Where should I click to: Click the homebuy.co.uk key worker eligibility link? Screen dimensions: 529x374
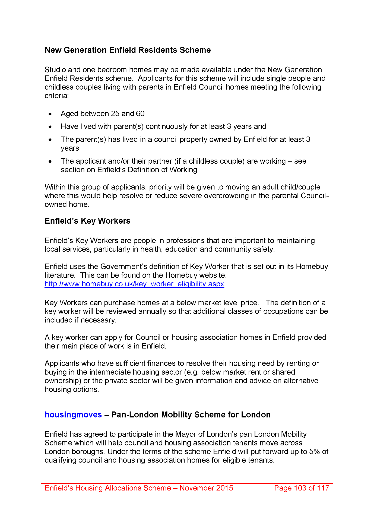tap(134, 284)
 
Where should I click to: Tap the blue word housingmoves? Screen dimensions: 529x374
tap(73, 415)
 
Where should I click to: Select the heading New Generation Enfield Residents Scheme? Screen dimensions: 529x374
tap(128, 50)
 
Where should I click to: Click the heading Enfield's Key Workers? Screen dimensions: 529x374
tap(87, 221)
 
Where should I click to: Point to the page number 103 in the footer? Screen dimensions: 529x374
tap(300, 488)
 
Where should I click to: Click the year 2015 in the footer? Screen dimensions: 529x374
tap(224, 488)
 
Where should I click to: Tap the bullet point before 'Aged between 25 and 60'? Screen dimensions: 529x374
tap(50, 114)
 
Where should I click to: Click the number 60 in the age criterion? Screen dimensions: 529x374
tap(140, 113)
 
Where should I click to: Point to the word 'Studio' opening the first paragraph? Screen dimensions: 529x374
tap(55, 70)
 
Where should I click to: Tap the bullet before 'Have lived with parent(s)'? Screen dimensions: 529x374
tap(50, 127)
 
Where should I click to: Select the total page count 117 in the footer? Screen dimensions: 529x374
tap(323, 488)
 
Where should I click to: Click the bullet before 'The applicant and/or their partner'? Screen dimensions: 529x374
tap(50, 161)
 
